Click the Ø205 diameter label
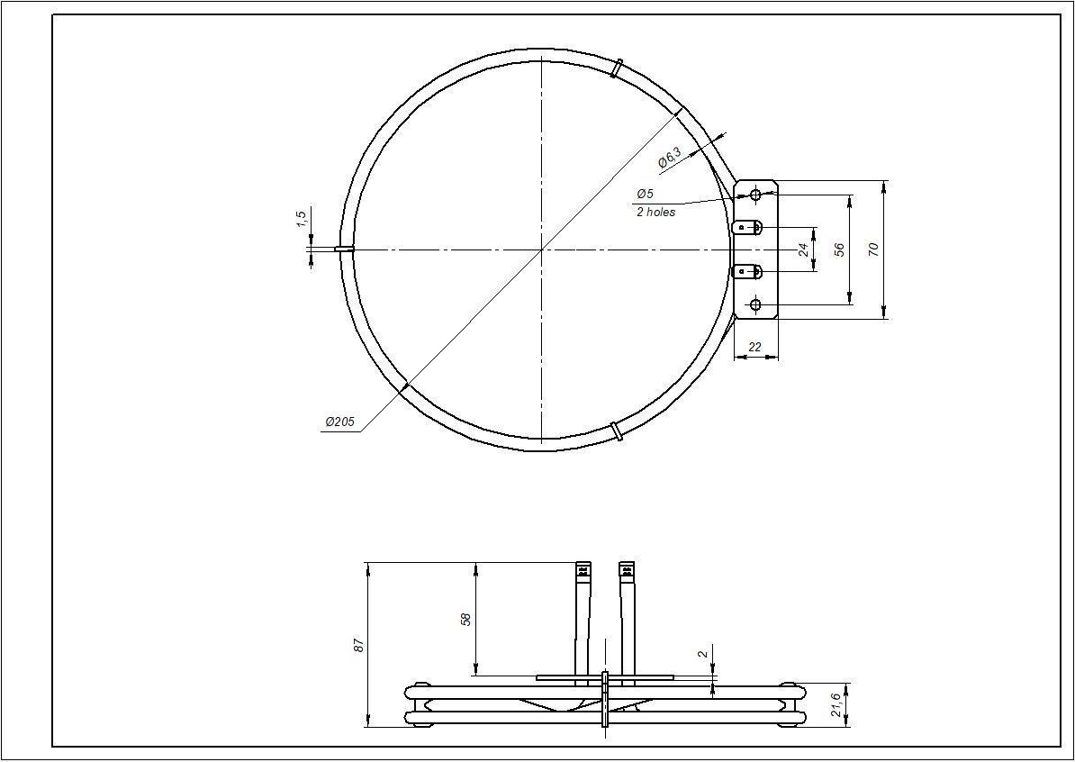339,422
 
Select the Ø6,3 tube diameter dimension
669,159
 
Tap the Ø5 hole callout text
645,194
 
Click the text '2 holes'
655,213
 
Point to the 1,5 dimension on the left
301,219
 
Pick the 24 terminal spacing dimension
803,249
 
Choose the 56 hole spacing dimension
839,249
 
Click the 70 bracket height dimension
872,249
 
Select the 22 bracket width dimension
755,347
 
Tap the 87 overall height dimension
358,645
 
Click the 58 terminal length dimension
465,619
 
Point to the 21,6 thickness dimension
836,704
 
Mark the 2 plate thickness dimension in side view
701,654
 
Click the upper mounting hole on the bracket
755,194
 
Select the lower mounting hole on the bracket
755,304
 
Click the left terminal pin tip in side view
583,570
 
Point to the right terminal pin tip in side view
626,570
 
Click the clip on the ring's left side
344,249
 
